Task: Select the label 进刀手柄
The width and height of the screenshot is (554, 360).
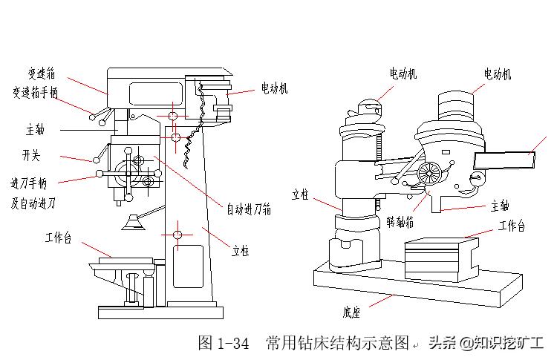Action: click(x=30, y=183)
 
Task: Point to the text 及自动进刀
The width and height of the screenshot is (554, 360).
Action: click(x=34, y=201)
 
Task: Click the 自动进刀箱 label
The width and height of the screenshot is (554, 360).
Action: click(x=249, y=209)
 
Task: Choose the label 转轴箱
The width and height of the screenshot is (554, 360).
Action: click(x=400, y=222)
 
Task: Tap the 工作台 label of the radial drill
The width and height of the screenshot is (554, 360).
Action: click(x=512, y=226)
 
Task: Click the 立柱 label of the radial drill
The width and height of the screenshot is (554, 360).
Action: click(x=300, y=194)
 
